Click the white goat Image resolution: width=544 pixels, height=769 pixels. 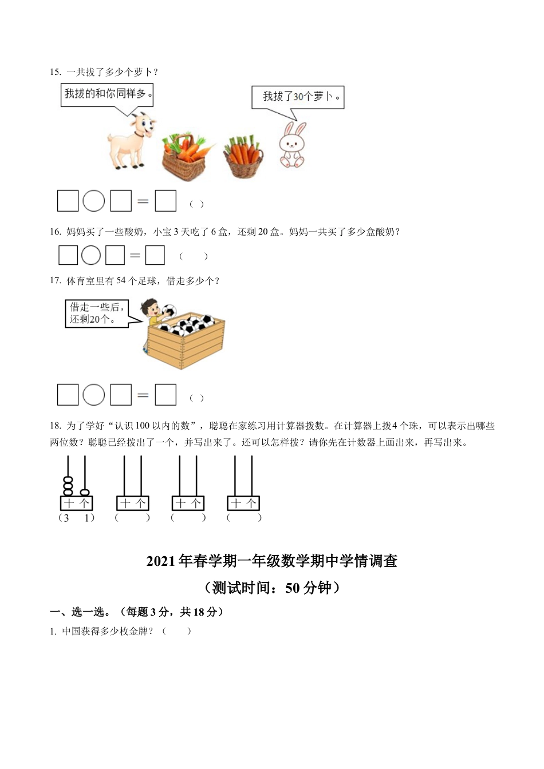(x=131, y=141)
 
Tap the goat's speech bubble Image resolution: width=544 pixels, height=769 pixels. (x=108, y=94)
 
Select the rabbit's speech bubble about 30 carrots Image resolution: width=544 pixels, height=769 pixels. (x=298, y=97)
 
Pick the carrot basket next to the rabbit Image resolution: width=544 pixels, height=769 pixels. (x=244, y=157)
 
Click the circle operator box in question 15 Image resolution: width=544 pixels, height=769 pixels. (x=94, y=201)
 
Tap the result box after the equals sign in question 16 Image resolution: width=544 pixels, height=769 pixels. (x=155, y=255)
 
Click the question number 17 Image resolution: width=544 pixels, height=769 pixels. (x=55, y=280)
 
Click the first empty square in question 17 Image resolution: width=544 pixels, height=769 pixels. (x=68, y=395)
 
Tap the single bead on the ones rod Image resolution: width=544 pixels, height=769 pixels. (x=85, y=492)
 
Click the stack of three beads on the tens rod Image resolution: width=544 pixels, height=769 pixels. (x=68, y=486)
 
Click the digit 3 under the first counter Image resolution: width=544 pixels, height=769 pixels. (x=67, y=518)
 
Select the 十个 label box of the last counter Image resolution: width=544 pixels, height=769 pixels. (x=243, y=503)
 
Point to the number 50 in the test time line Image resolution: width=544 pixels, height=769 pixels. (x=292, y=588)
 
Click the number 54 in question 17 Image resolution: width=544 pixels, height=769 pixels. (x=121, y=280)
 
